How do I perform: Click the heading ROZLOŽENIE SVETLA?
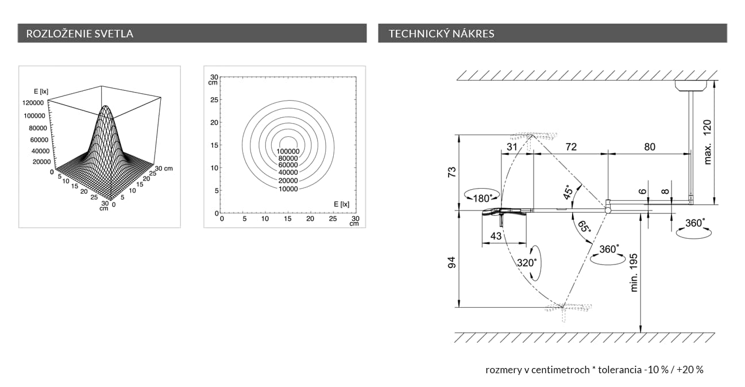coord(80,33)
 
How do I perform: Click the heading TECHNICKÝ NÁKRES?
coord(441,33)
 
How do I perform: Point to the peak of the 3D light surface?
coord(105,107)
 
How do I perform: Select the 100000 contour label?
coord(288,151)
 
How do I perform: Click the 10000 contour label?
coord(288,189)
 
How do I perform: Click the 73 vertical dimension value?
coord(452,173)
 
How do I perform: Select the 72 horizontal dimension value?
coord(570,147)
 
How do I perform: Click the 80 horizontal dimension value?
coord(649,147)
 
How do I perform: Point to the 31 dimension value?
coord(512,147)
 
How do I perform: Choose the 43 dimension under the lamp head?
coord(496,236)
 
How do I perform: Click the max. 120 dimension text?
coord(708,141)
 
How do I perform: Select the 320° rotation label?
coord(527,262)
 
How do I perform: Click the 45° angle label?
coord(568,193)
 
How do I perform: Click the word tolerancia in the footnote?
coord(618,370)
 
